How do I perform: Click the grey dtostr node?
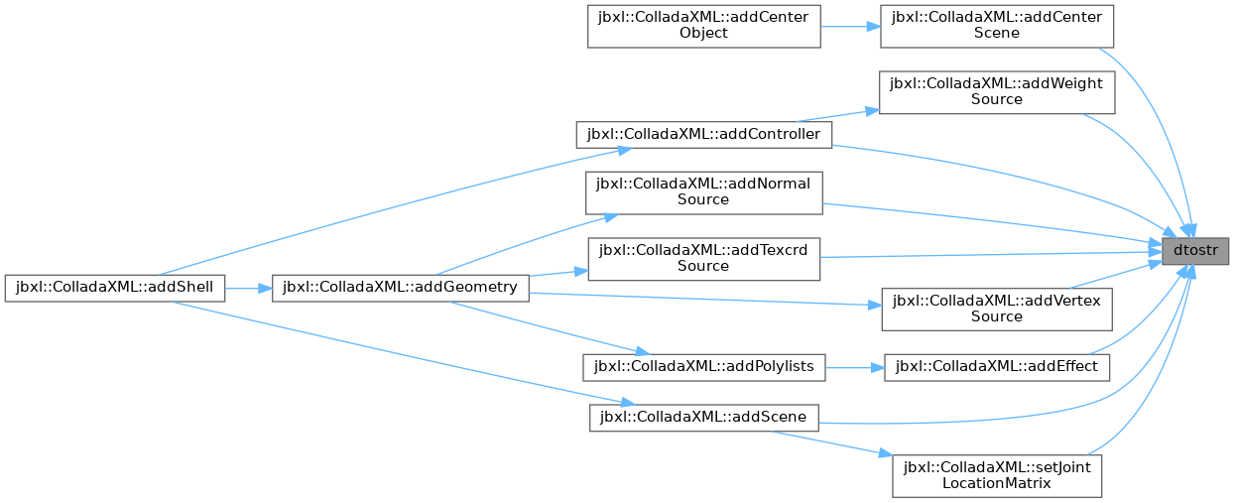pos(1195,251)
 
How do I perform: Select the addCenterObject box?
pos(703,27)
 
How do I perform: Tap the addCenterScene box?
pos(997,27)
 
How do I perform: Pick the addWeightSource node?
pos(997,92)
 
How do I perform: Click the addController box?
pos(703,135)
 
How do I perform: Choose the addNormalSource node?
pos(703,192)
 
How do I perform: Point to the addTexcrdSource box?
pos(703,259)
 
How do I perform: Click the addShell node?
pos(115,288)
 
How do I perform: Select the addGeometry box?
pos(401,288)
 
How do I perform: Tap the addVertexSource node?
pos(997,310)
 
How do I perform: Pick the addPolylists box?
pos(704,367)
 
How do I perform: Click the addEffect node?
pos(997,367)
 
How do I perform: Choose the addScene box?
pos(704,418)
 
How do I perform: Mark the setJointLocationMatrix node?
pos(997,476)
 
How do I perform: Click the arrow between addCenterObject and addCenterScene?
pos(850,27)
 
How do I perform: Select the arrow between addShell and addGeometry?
pos(248,288)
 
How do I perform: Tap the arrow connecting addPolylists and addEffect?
pos(855,367)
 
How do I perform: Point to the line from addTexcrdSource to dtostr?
pos(991,255)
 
